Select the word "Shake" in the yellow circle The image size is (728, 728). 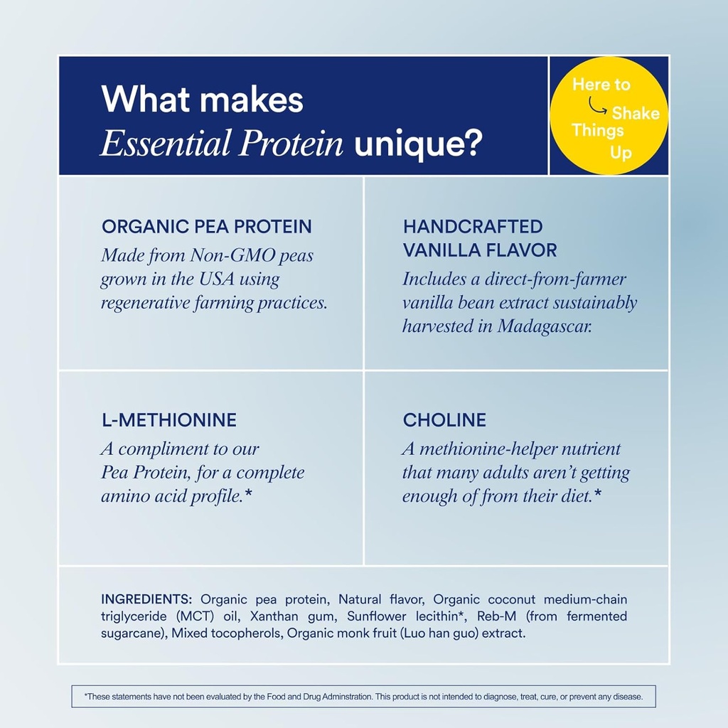click(636, 113)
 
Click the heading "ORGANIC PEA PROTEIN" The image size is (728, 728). click(207, 227)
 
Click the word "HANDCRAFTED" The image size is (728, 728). click(473, 227)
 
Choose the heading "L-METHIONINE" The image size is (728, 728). click(169, 420)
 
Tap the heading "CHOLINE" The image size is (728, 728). click(444, 420)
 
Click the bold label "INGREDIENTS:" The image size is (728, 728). click(147, 599)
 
